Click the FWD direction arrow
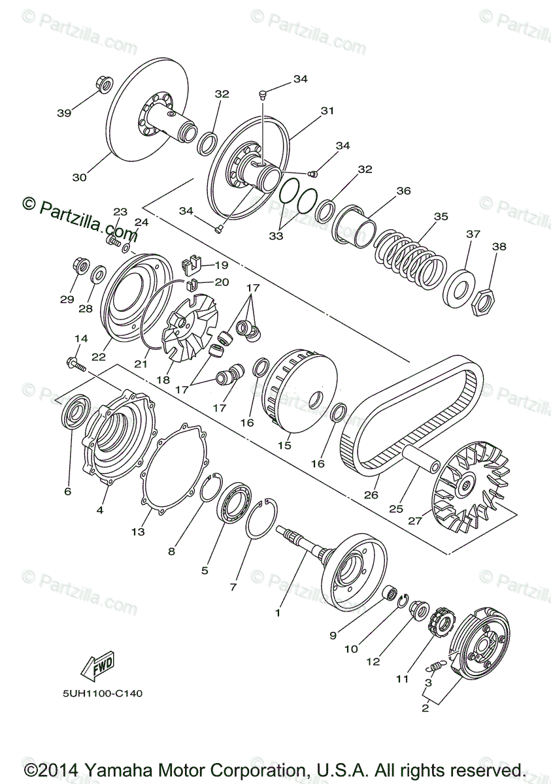pos(97,667)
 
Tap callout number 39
pos(63,113)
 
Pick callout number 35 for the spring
pos(441,216)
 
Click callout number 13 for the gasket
pos(137,532)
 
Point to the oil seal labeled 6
pos(76,412)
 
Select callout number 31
pos(327,111)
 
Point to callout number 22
pos(99,357)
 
